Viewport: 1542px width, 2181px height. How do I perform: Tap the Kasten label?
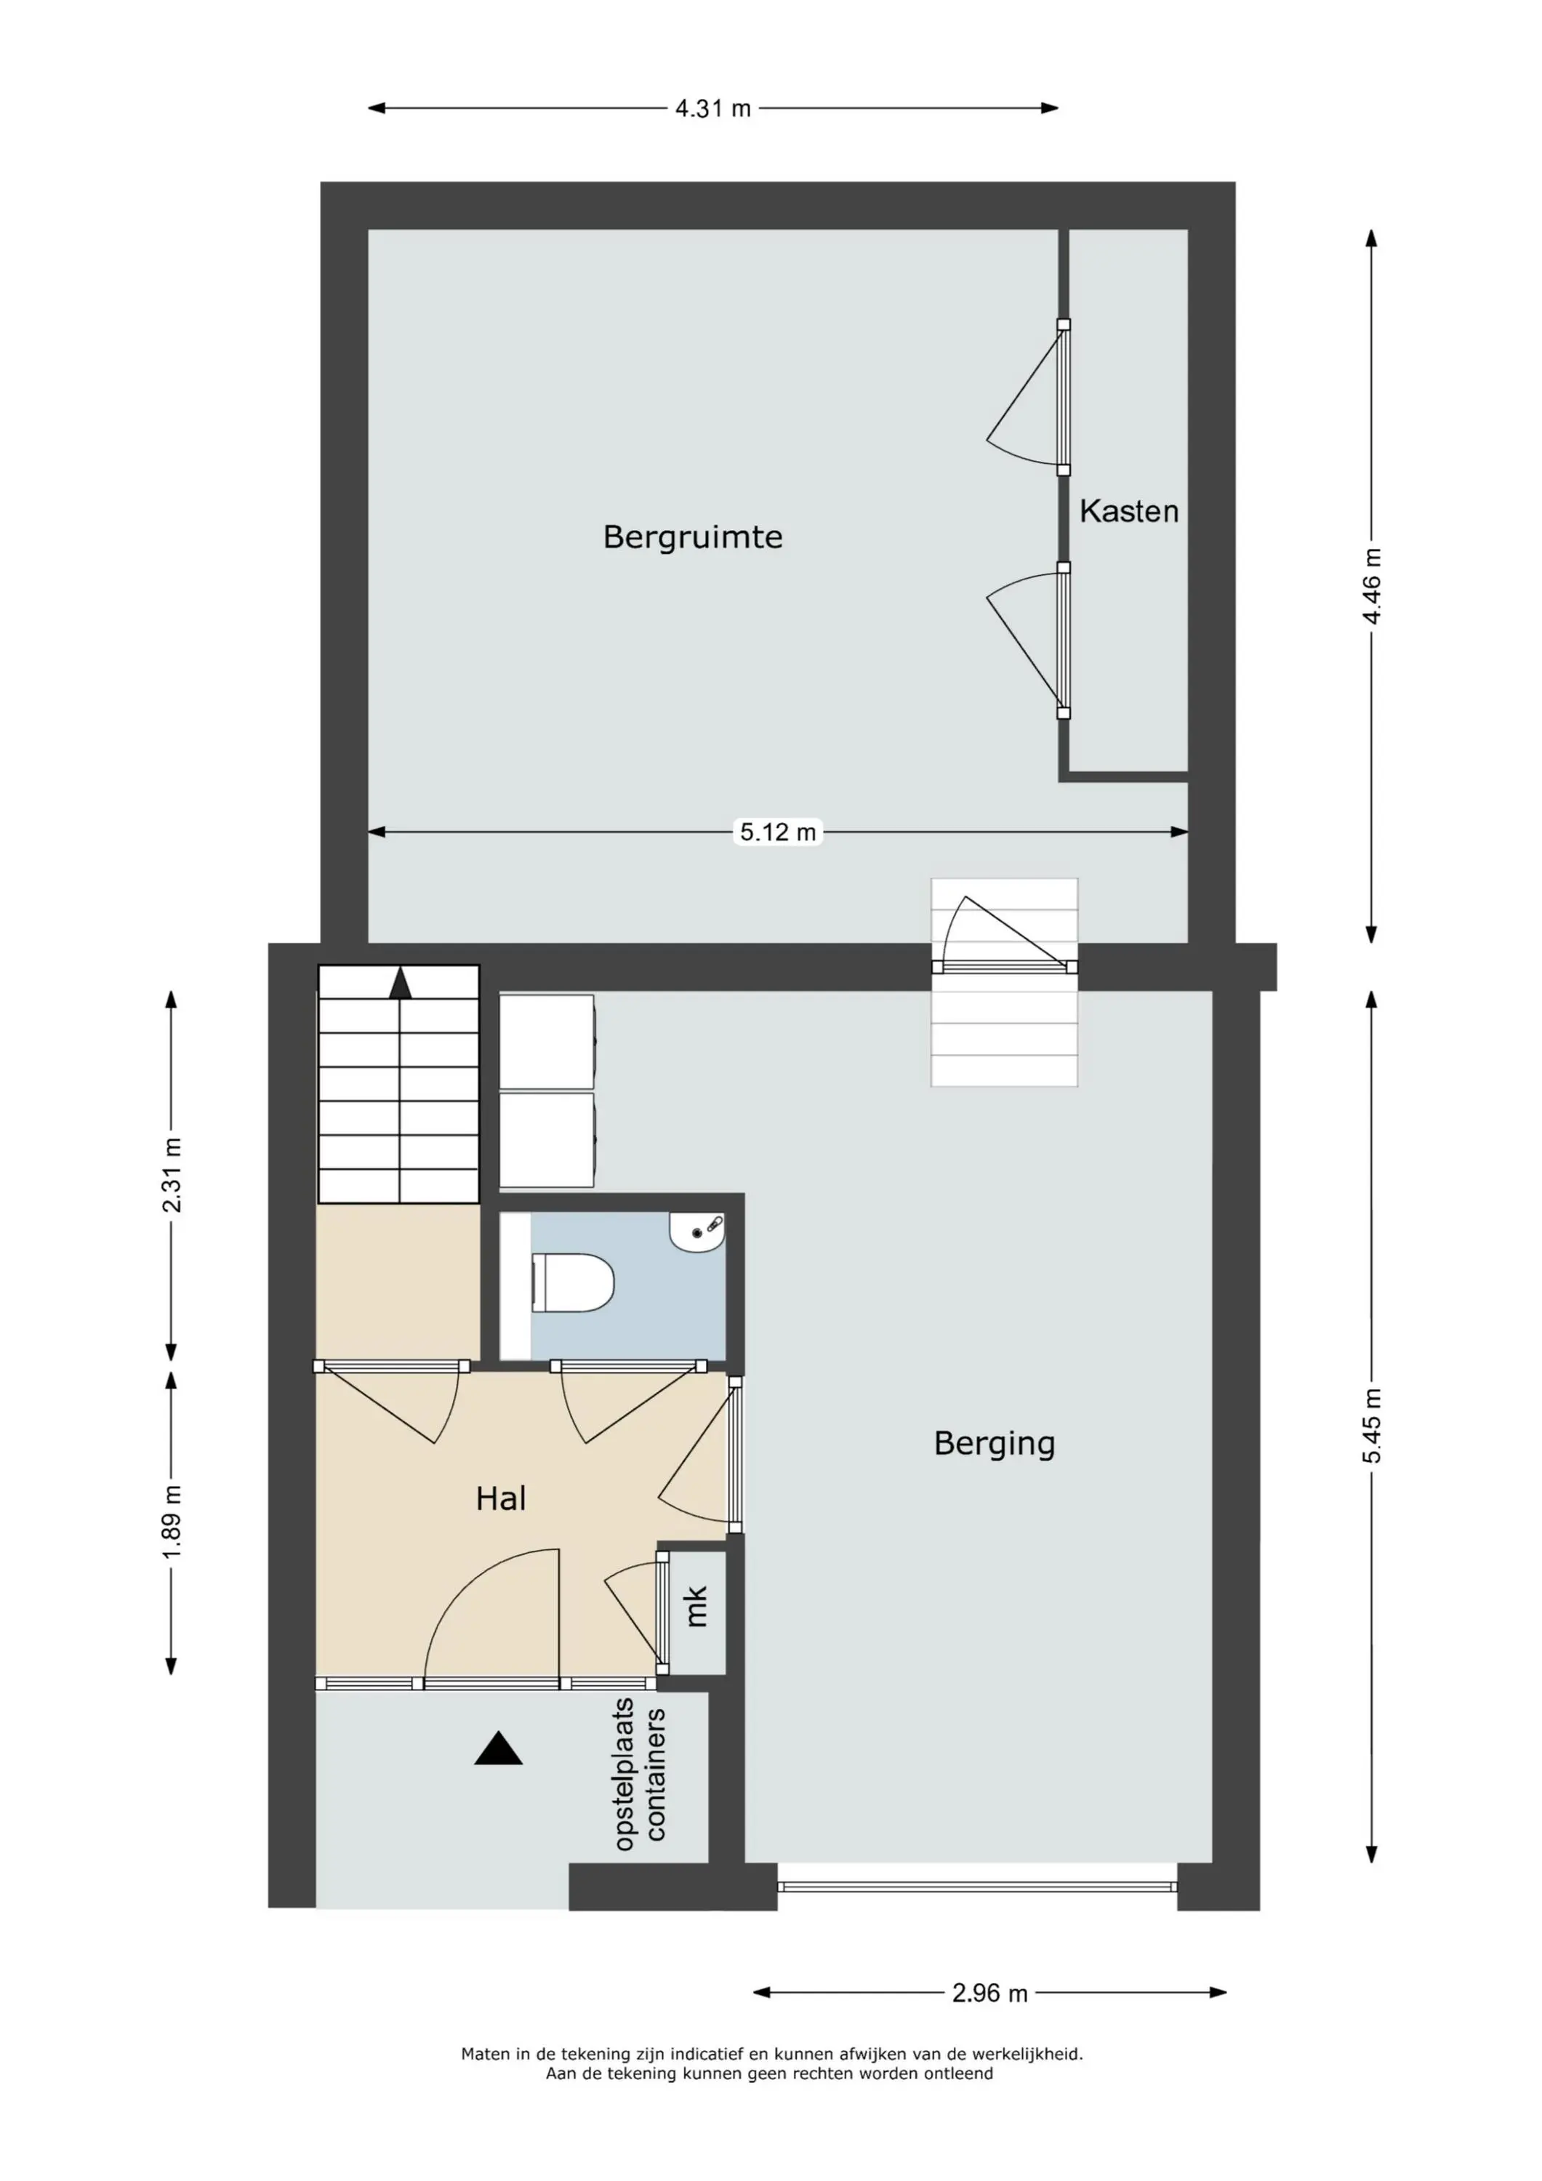click(1129, 511)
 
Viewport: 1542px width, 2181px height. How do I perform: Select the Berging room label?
click(994, 1443)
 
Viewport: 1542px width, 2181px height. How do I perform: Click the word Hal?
click(501, 1498)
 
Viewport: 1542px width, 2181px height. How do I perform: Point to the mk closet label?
click(696, 1606)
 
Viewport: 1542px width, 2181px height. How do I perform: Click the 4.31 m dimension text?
click(712, 108)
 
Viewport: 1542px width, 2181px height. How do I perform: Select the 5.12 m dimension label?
click(778, 832)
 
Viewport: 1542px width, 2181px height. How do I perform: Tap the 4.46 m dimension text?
click(1372, 586)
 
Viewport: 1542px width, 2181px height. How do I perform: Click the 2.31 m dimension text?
click(172, 1175)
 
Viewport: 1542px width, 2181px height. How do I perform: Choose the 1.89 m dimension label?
click(172, 1522)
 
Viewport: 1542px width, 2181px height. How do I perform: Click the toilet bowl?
click(573, 1282)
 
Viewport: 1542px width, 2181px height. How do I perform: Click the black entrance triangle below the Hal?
click(499, 1748)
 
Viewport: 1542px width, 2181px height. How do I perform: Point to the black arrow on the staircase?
click(400, 983)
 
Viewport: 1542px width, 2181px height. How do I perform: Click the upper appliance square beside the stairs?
click(547, 1041)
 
